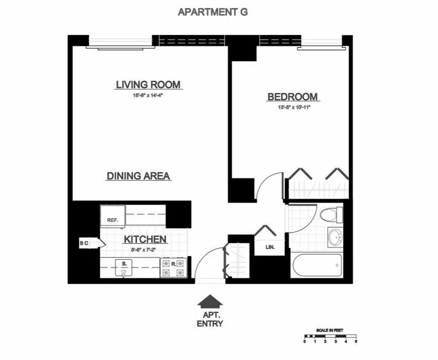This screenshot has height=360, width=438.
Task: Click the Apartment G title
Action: point(213,12)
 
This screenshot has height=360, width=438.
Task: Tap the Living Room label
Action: point(148,85)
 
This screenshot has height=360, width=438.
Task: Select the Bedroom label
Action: point(292,97)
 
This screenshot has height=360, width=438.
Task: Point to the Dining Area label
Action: point(139,176)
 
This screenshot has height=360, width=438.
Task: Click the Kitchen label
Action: point(145,240)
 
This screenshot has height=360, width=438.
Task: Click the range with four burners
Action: point(174,268)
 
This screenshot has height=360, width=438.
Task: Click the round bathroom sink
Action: point(335,238)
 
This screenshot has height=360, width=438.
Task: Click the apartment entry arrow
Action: point(210,301)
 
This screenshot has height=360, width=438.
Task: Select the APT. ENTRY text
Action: point(210,319)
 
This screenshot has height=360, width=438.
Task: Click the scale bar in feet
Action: point(330,336)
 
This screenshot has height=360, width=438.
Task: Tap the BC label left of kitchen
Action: point(84,244)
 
